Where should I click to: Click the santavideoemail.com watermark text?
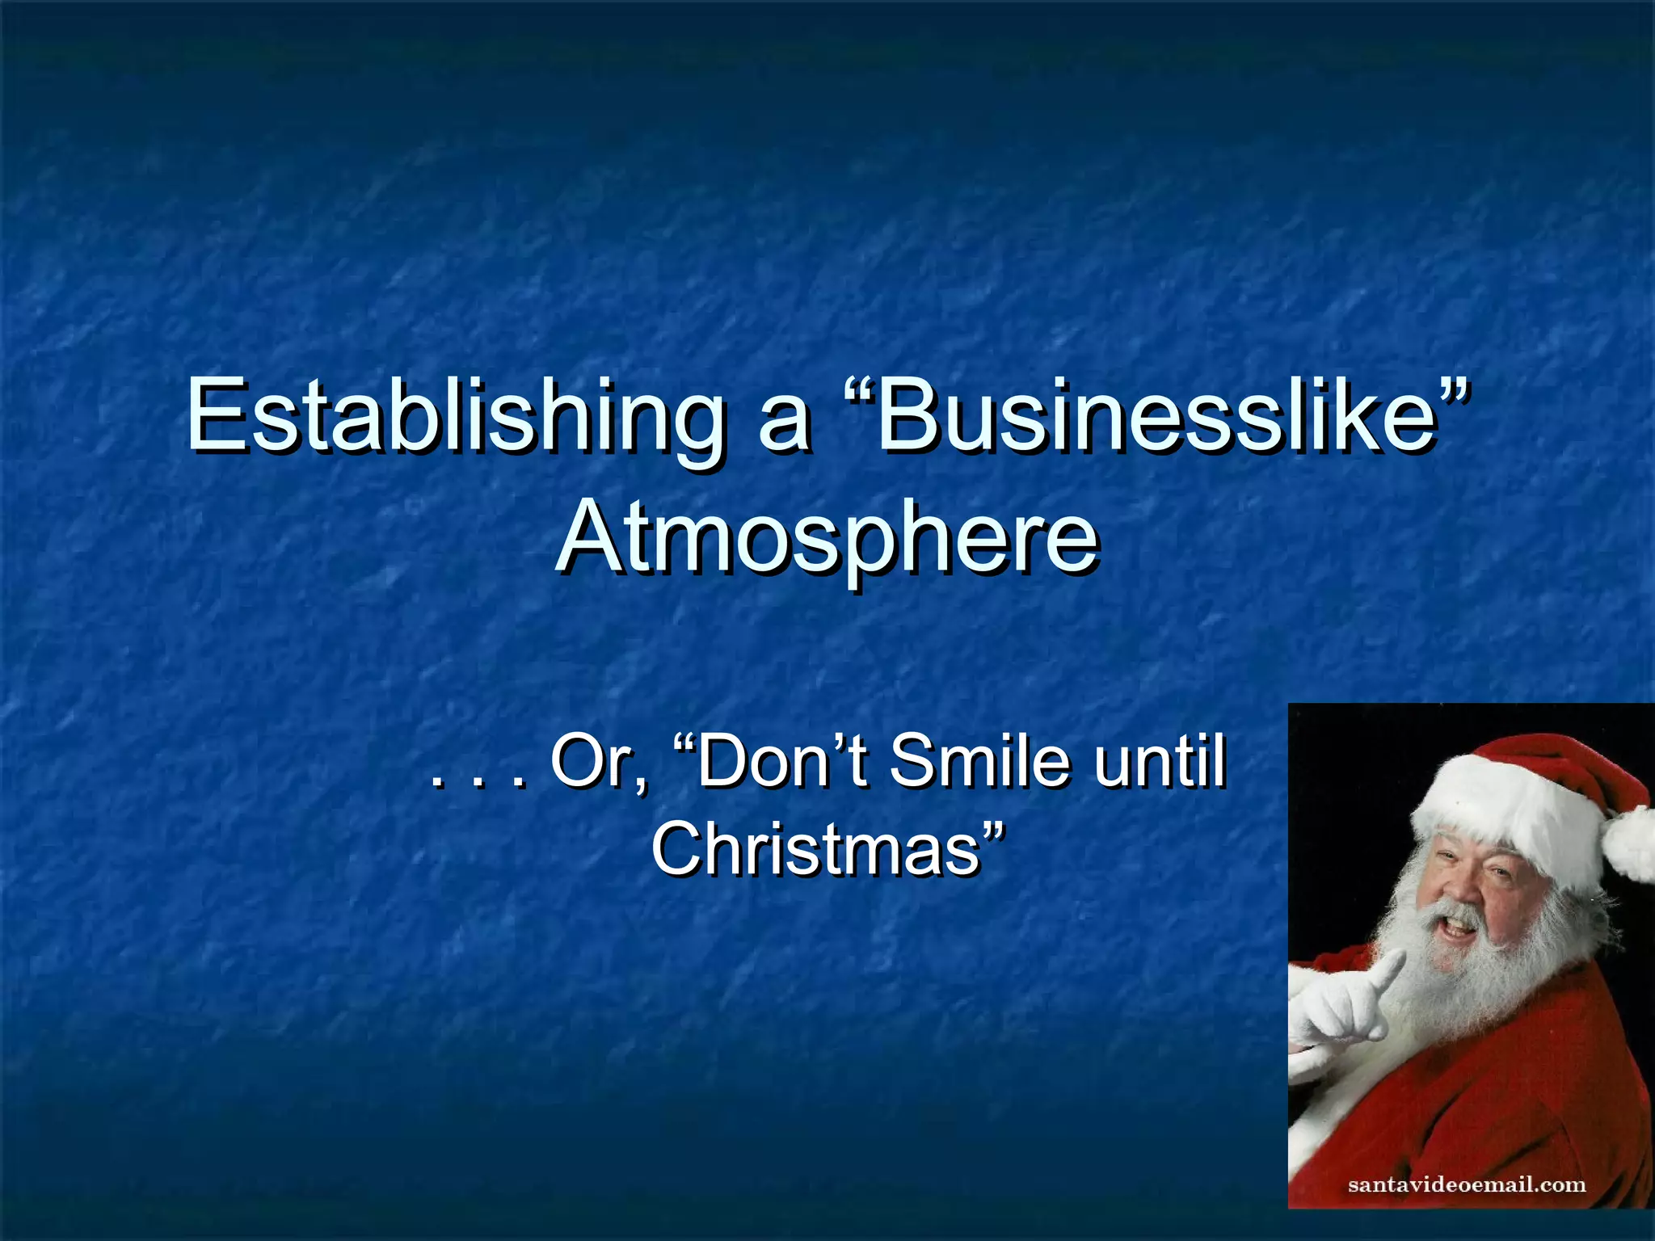pyautogui.click(x=1467, y=1185)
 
